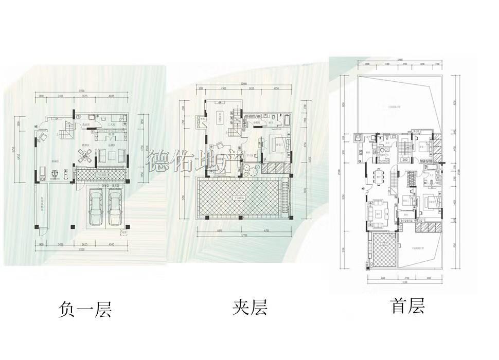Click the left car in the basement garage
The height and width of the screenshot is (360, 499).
pos(96,207)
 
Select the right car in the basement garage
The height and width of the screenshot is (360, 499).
pos(115,207)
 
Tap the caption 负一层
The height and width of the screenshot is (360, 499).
pos(85,310)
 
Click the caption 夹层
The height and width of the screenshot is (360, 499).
pos(249,308)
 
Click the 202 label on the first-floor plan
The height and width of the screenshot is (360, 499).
pos(405,160)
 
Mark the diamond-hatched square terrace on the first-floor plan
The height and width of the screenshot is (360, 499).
pos(382,249)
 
